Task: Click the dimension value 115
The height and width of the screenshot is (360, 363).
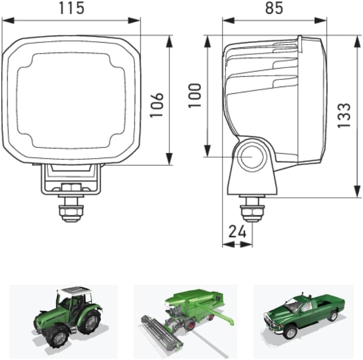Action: click(x=71, y=8)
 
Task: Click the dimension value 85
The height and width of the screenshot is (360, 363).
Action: click(x=274, y=8)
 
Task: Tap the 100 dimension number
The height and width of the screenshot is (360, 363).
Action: click(x=195, y=96)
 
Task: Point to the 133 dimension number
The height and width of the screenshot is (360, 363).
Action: click(x=345, y=115)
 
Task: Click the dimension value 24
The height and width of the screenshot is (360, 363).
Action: click(x=237, y=231)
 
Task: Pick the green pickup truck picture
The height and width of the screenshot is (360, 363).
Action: click(x=303, y=314)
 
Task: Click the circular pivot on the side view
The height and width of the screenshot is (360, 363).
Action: click(x=251, y=157)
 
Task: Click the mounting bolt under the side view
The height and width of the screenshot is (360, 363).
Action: click(x=252, y=210)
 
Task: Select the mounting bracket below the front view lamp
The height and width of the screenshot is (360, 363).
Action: click(x=71, y=179)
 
